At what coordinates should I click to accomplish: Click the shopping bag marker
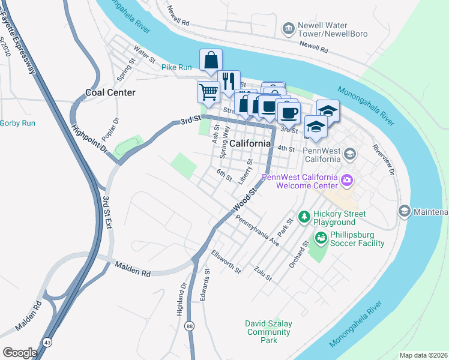coord(211,60)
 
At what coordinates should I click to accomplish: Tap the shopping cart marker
coord(208,92)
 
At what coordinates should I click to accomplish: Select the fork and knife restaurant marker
coord(229,81)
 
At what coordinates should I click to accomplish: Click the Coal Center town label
coord(110,92)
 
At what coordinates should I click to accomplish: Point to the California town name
coord(250,143)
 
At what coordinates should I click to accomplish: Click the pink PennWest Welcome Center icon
coord(347,180)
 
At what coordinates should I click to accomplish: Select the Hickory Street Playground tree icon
coord(304,215)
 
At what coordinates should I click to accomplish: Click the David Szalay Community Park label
coord(268,332)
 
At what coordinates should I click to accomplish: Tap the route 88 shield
coord(190,326)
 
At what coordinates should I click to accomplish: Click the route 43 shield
coord(46,342)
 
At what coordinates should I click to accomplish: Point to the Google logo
coord(20,352)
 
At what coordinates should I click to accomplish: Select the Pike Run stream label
coord(176,67)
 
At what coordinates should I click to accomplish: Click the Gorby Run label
coord(17,123)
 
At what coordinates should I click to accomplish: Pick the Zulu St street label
coord(263,274)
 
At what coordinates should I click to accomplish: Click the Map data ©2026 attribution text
coord(423,355)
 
